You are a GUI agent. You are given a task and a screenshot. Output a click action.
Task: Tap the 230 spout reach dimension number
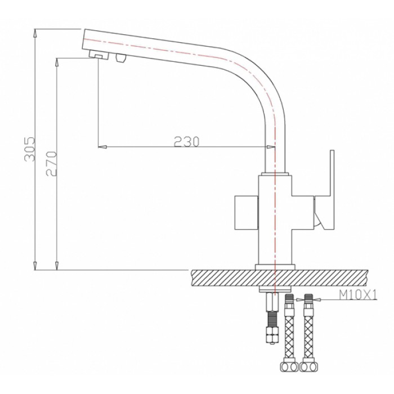[186, 142]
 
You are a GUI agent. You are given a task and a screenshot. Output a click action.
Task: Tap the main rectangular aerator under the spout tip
[99, 55]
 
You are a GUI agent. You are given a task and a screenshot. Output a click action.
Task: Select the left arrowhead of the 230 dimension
[102, 147]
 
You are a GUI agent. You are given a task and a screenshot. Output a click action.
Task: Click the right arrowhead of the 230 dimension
[270, 147]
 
